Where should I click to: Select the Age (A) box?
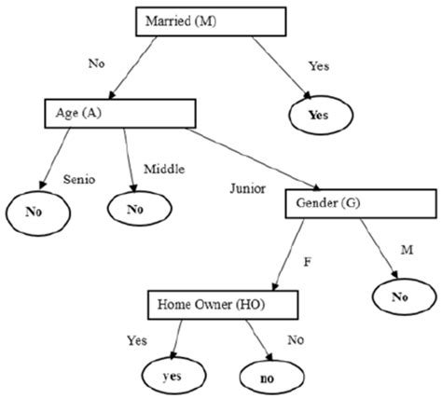(117, 112)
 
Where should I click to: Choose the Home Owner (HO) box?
(221, 303)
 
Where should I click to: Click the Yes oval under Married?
(323, 116)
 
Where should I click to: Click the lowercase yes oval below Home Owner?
(172, 378)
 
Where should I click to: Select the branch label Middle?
(164, 169)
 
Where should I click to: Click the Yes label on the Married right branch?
(319, 67)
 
